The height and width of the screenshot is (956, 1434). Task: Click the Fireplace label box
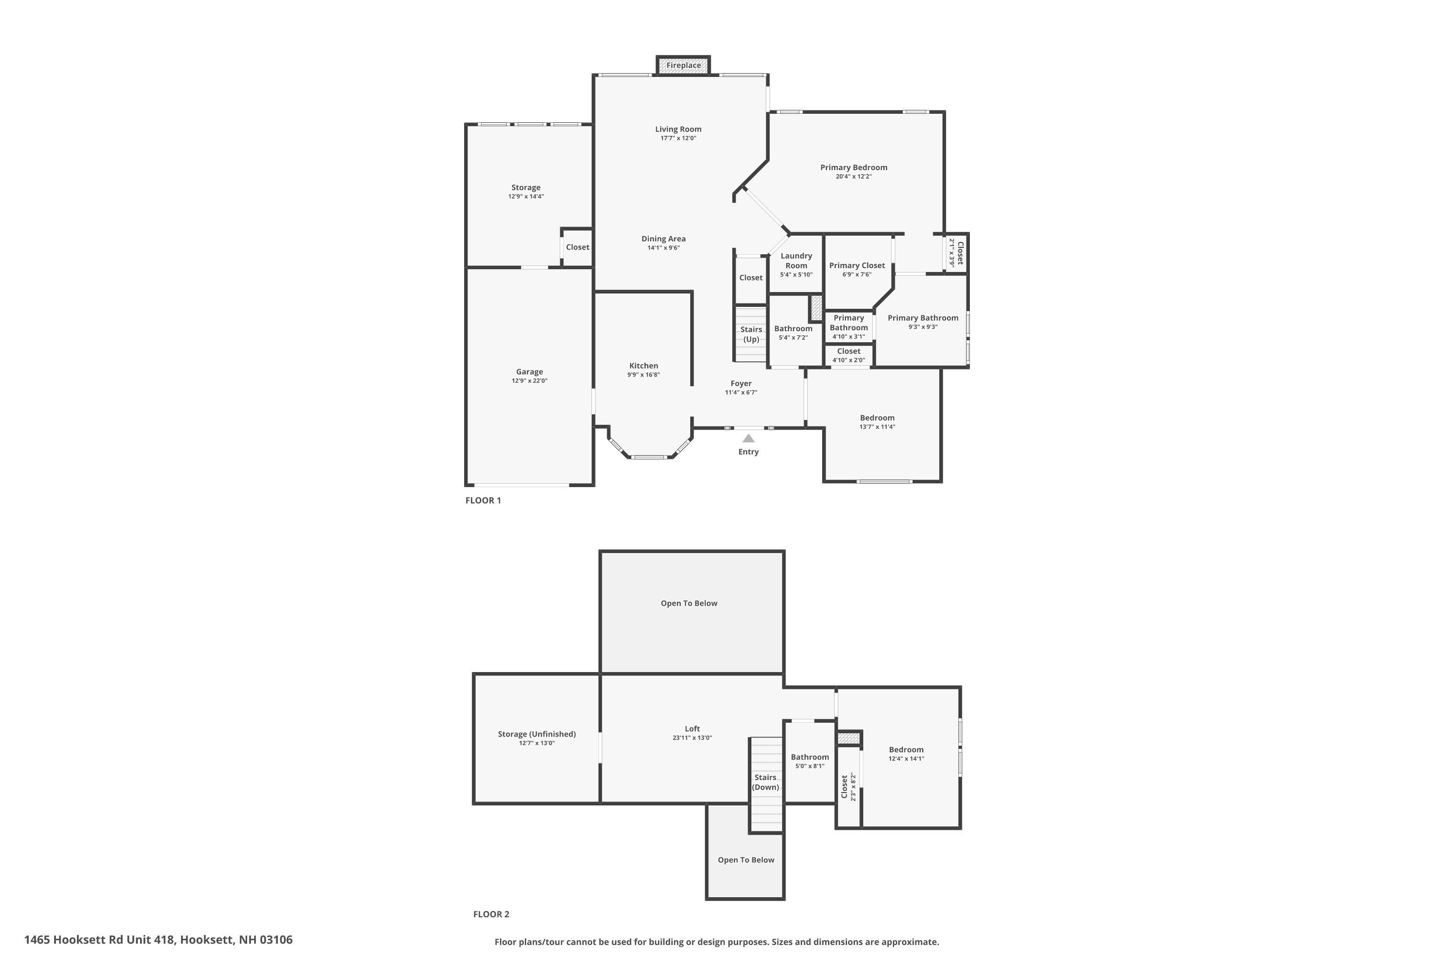683,65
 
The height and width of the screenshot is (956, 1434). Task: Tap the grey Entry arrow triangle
748,438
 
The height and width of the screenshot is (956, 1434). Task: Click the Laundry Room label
796,261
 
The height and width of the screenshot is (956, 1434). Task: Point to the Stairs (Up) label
750,334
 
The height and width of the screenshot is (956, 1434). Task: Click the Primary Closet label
857,265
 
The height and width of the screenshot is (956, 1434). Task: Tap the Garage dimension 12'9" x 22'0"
529,381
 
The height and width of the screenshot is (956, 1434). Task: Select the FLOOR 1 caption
483,500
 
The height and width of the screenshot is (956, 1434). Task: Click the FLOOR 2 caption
491,914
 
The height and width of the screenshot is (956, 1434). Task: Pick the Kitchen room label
643,366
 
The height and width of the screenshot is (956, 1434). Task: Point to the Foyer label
741,383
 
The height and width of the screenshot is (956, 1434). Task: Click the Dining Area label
663,239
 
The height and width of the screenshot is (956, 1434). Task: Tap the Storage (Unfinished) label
536,734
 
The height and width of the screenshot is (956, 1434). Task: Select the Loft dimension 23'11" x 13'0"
692,738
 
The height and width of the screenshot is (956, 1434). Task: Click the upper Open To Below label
689,603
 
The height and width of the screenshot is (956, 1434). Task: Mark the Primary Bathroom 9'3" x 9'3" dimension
923,327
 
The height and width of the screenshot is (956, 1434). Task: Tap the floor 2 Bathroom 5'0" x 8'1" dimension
810,766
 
